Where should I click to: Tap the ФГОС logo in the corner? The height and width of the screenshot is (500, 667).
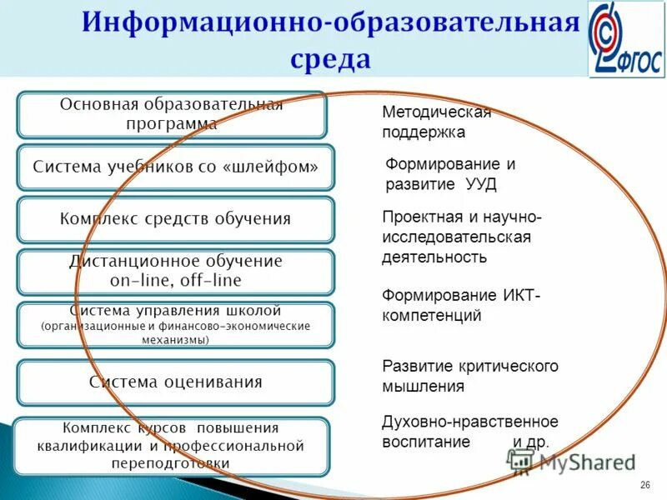coord(626,39)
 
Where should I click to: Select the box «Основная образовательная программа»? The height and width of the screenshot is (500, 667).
coord(171,114)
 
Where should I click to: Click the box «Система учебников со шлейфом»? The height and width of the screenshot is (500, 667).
coord(175,167)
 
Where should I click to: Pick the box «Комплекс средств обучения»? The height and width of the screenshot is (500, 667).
coord(175,219)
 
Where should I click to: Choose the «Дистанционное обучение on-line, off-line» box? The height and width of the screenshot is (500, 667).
coord(175,271)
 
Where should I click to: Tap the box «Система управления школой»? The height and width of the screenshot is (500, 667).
coord(175,324)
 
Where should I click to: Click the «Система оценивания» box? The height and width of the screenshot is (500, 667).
coord(175,382)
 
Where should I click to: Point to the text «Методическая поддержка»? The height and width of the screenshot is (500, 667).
coord(436,122)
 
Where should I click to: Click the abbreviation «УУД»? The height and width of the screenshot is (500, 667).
coord(483,185)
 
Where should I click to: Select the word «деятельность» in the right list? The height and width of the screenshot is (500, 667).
coord(434,257)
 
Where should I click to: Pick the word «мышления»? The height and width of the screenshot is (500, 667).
coord(423,387)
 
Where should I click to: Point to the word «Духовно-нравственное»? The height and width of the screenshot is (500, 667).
coord(469,422)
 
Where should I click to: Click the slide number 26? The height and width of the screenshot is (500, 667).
coord(644,486)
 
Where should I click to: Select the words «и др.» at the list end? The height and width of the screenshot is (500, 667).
coord(530,442)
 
